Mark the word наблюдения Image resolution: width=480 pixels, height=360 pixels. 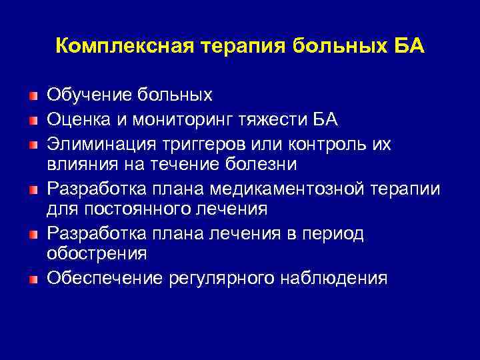tap(334, 278)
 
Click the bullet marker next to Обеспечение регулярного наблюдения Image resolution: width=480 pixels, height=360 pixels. tap(33, 278)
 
